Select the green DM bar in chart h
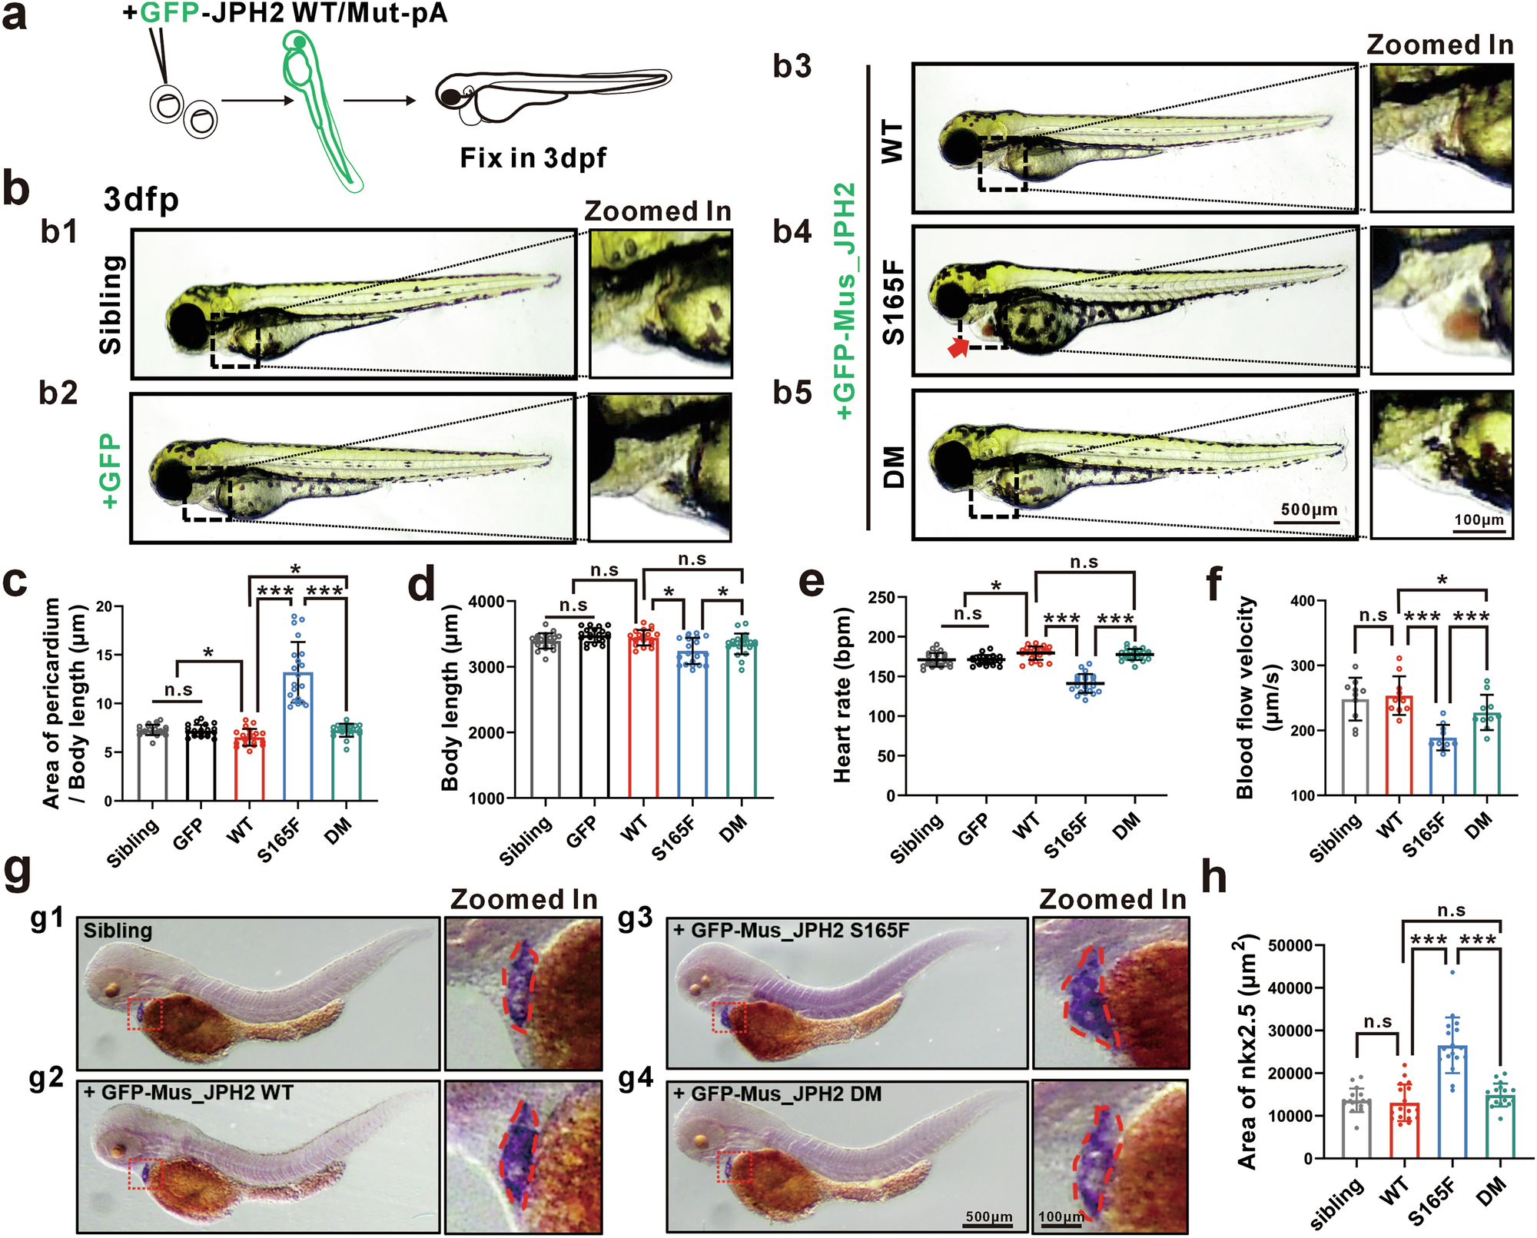tap(1499, 1127)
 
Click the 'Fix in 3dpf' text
tap(533, 158)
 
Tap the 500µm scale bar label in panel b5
tap(1309, 509)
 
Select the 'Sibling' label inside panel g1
tap(118, 931)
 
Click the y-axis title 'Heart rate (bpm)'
tap(843, 695)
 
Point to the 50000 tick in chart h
tap(1290, 945)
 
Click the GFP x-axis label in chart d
tap(582, 832)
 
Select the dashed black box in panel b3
tap(1002, 163)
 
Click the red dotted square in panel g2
tap(145, 1173)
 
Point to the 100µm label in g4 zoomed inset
tap(1061, 1216)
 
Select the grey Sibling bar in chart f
tap(1356, 745)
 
